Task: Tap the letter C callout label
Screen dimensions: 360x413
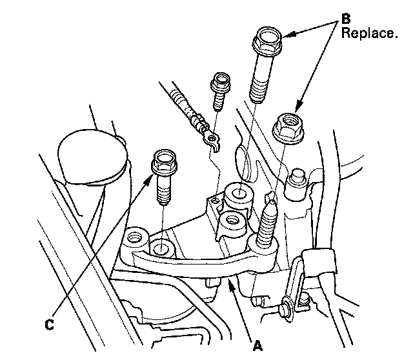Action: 49,325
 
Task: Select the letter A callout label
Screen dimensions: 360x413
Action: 258,346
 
